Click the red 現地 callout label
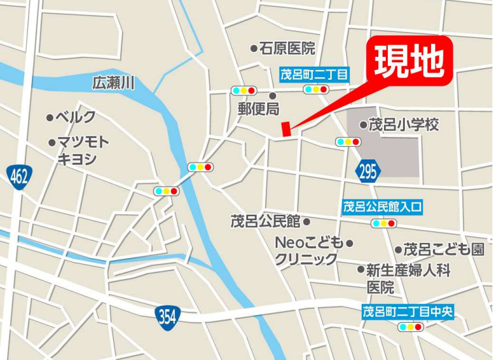[412, 61]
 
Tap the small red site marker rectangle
[285, 129]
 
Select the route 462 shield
[20, 177]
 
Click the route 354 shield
[167, 317]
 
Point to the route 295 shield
[368, 172]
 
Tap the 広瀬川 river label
[113, 82]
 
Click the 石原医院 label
[287, 48]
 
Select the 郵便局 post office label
[258, 108]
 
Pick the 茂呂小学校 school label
[404, 124]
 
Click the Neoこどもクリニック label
[308, 251]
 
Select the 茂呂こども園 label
[444, 249]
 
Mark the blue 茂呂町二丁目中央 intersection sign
[407, 312]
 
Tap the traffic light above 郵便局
[244, 90]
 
